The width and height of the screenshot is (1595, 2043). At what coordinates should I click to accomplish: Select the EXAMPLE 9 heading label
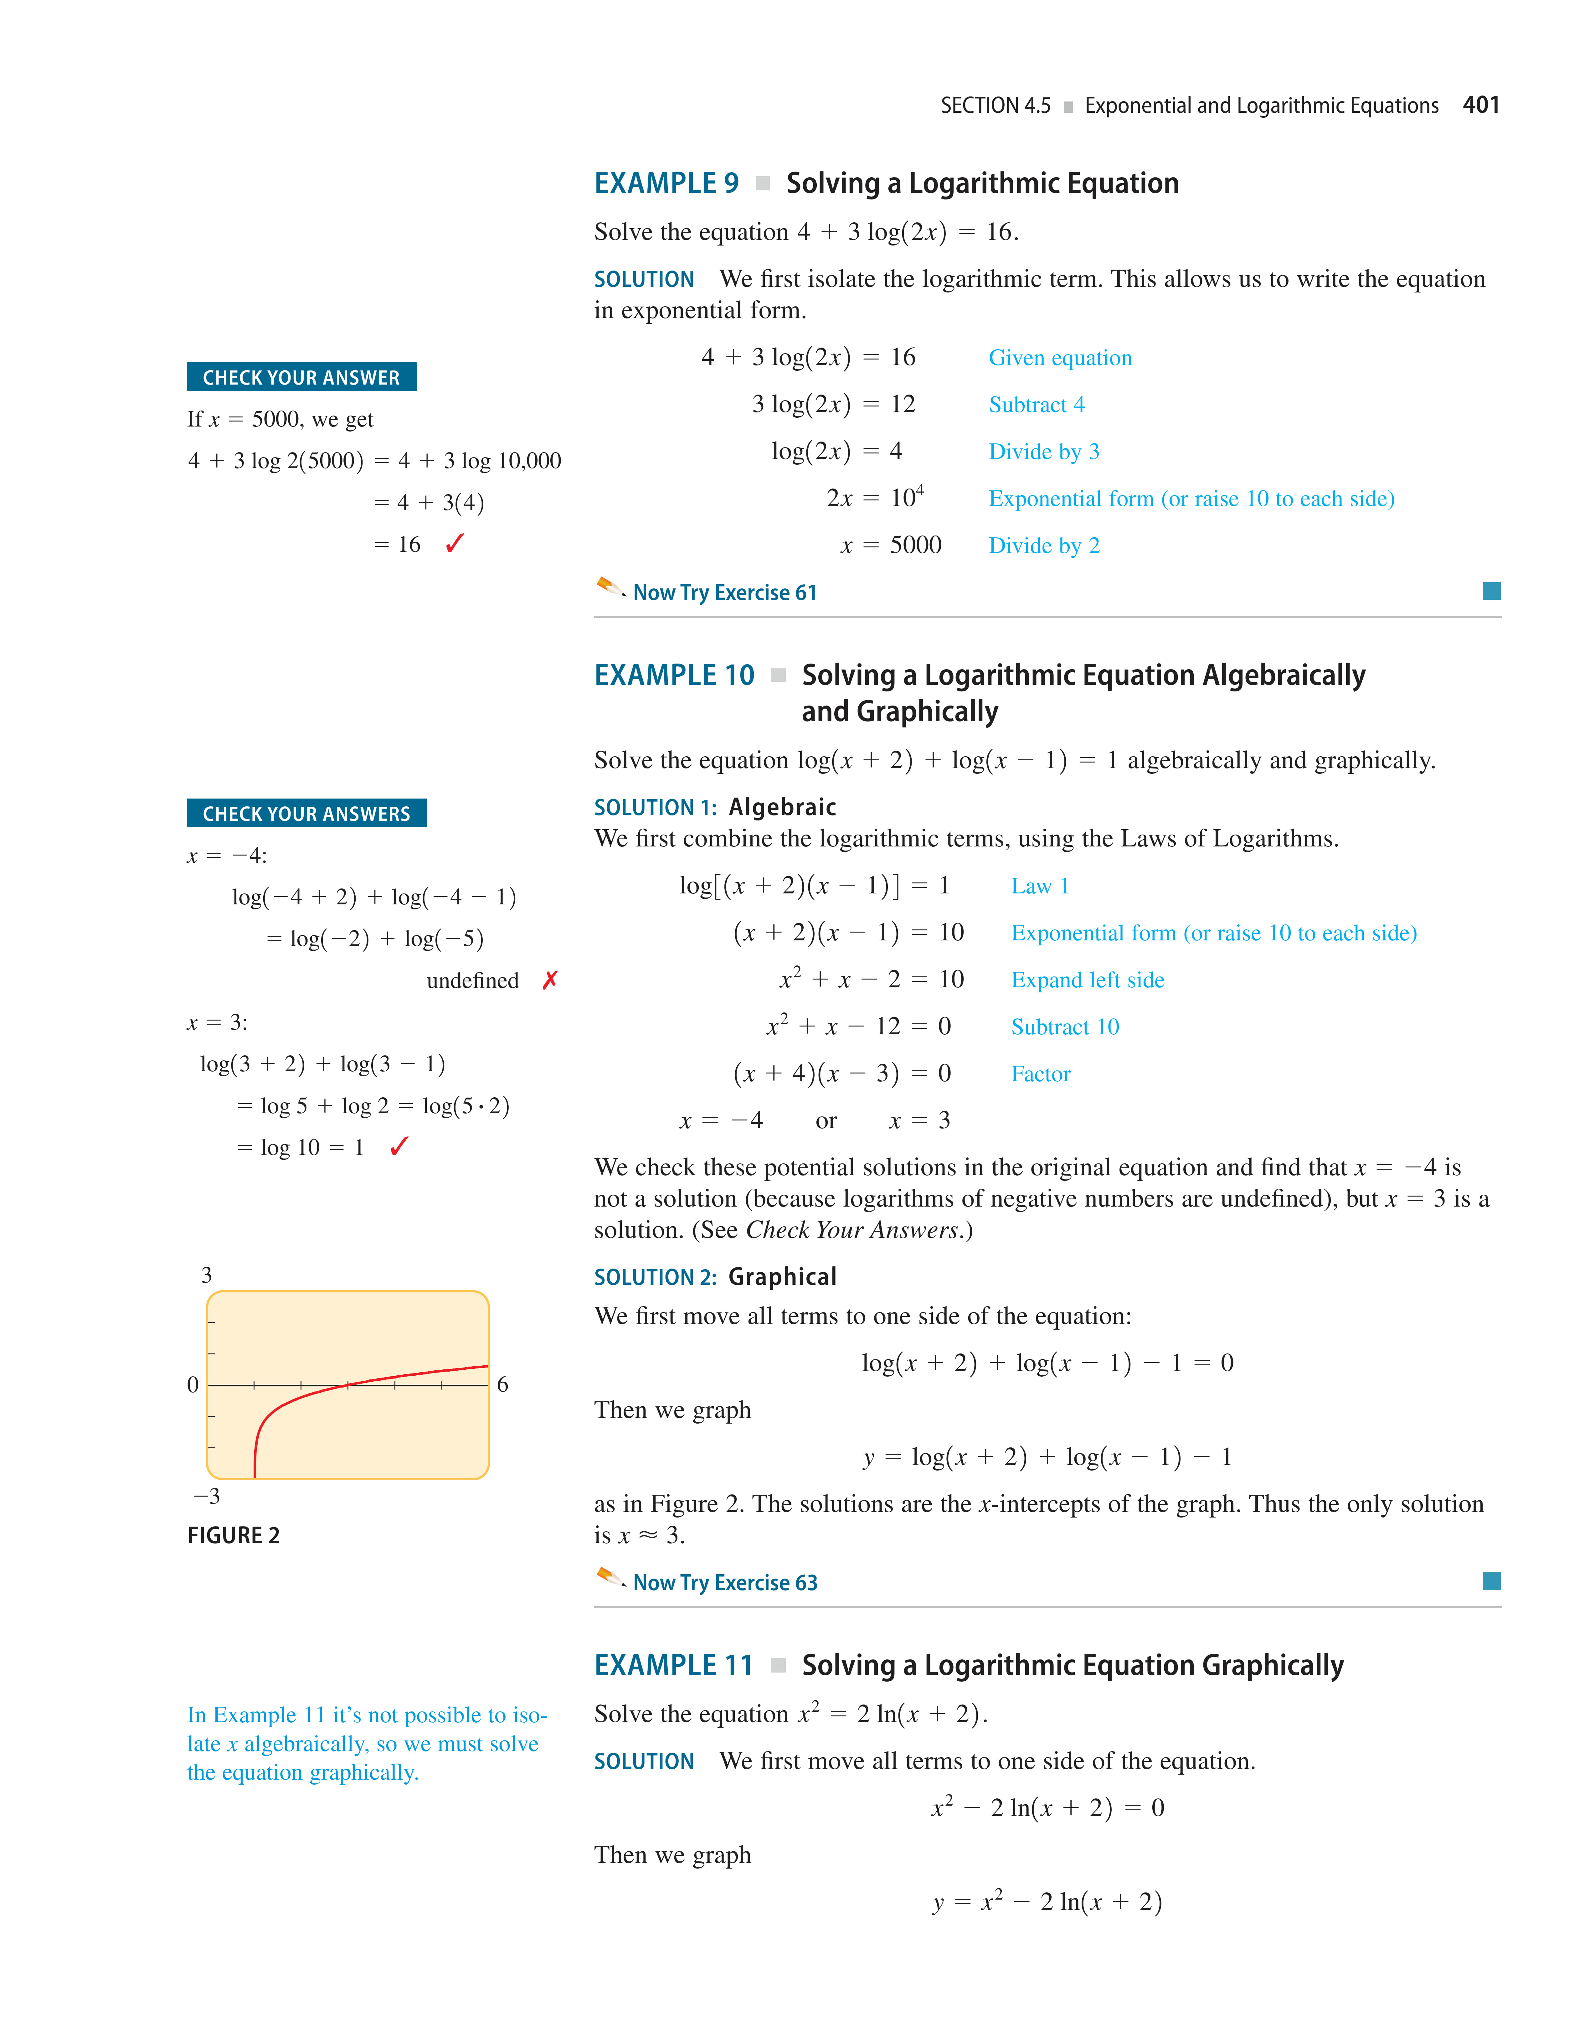(x=666, y=183)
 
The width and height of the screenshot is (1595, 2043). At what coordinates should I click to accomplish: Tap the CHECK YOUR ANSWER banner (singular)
(x=301, y=377)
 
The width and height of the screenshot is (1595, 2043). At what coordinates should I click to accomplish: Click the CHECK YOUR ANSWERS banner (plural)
(x=307, y=813)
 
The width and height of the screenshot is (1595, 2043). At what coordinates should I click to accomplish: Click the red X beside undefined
(x=550, y=980)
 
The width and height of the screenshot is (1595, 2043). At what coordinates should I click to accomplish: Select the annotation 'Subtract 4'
(x=1036, y=405)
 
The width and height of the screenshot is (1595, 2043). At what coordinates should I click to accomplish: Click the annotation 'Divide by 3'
(x=1043, y=452)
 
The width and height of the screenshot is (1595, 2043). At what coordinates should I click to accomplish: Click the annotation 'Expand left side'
(x=1087, y=980)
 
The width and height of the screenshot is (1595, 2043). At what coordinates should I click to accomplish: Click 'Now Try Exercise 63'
(x=725, y=1583)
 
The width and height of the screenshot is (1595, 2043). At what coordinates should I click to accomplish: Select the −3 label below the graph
(x=207, y=1496)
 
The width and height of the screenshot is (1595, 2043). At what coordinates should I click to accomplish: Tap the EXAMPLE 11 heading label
(x=673, y=1665)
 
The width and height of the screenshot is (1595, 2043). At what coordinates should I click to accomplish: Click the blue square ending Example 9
(x=1491, y=591)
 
